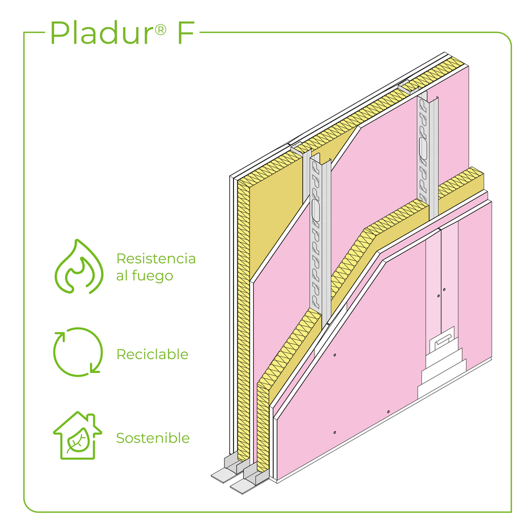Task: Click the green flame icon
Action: coord(79,267)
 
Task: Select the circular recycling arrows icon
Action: coord(78,352)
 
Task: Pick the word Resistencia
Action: coord(156,259)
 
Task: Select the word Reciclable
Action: coord(152,354)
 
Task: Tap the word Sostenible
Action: coord(153,438)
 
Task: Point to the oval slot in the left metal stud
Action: coord(316,211)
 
